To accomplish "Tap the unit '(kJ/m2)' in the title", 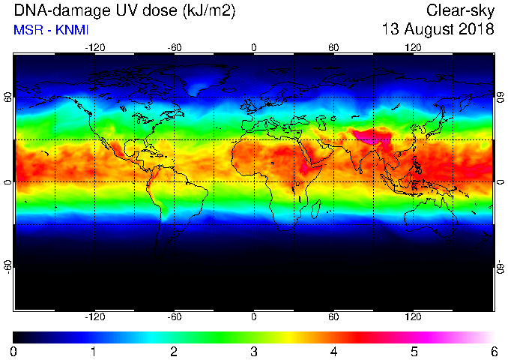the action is [208, 12].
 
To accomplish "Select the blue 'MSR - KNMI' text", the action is [51, 30].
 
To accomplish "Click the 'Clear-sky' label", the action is [460, 11].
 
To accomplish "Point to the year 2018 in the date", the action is [477, 29].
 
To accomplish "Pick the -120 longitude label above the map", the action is [95, 48].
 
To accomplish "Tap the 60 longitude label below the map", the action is [333, 316].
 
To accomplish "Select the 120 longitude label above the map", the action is [413, 48].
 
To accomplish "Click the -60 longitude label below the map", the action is [175, 316].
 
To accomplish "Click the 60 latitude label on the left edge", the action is [7, 97].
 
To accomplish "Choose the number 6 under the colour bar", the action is [494, 352].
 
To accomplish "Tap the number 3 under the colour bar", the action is [254, 352].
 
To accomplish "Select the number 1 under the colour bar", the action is [94, 352].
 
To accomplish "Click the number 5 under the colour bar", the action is [414, 352].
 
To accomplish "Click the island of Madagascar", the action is [316, 209].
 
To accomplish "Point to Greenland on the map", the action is [208, 79].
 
